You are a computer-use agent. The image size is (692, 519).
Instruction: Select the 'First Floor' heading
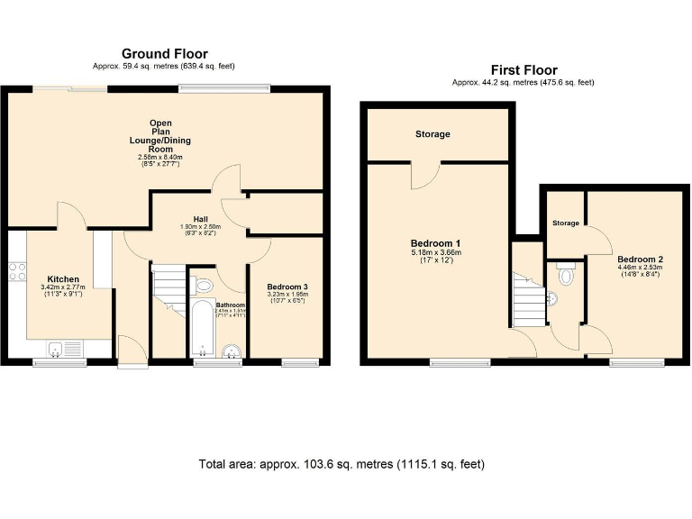tap(523, 69)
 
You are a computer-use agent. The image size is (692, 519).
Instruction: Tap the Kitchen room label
tap(63, 279)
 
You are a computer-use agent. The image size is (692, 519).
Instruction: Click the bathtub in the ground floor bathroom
tap(199, 332)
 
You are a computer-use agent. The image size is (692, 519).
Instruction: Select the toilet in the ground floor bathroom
tap(205, 286)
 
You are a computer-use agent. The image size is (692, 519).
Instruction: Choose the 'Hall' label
tap(187, 218)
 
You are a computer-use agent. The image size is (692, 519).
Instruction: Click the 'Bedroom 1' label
tap(436, 244)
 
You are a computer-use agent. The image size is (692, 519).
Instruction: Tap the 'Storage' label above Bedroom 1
tap(432, 134)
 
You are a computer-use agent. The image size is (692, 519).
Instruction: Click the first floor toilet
tap(564, 274)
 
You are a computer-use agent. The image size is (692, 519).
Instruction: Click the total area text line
tap(341, 465)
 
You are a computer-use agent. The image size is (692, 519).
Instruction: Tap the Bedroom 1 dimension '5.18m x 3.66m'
tap(436, 253)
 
